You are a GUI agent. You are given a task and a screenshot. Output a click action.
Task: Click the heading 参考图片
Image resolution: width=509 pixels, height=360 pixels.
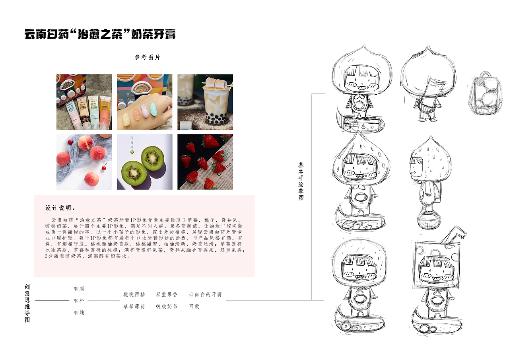click(x=148, y=57)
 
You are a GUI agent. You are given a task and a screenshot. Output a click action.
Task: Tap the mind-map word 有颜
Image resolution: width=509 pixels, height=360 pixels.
click(x=79, y=289)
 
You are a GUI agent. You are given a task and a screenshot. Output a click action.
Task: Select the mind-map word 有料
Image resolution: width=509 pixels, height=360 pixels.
click(x=79, y=300)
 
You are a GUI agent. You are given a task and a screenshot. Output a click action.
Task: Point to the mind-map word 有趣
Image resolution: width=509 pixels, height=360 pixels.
click(x=79, y=313)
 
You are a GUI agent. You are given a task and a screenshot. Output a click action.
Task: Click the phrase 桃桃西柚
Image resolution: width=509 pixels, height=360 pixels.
click(x=134, y=294)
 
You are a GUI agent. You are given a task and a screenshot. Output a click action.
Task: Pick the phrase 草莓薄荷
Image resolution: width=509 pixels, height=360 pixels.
click(x=134, y=306)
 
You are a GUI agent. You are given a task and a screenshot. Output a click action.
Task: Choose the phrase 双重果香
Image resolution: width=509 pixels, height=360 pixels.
click(x=167, y=294)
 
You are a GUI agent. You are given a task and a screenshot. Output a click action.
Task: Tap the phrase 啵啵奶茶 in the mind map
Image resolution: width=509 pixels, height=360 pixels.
click(x=167, y=306)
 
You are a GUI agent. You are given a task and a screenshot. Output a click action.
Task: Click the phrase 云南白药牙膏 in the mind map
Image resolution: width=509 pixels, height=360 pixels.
click(x=205, y=294)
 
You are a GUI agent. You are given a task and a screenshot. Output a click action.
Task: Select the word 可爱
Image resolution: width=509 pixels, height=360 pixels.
click(x=194, y=306)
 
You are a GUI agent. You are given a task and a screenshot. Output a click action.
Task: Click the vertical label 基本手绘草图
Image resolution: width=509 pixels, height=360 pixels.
click(x=301, y=181)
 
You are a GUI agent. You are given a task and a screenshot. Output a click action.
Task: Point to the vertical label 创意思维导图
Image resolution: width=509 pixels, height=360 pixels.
click(x=27, y=303)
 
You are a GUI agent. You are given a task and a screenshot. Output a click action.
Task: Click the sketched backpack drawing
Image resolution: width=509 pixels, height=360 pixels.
click(x=485, y=93)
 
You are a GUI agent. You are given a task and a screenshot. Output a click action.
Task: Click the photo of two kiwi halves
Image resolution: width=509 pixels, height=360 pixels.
click(x=145, y=162)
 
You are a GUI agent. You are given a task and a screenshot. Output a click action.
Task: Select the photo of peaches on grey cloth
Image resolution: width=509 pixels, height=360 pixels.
click(x=84, y=162)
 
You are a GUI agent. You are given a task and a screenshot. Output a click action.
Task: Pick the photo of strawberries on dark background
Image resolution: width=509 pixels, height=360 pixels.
click(x=205, y=162)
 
